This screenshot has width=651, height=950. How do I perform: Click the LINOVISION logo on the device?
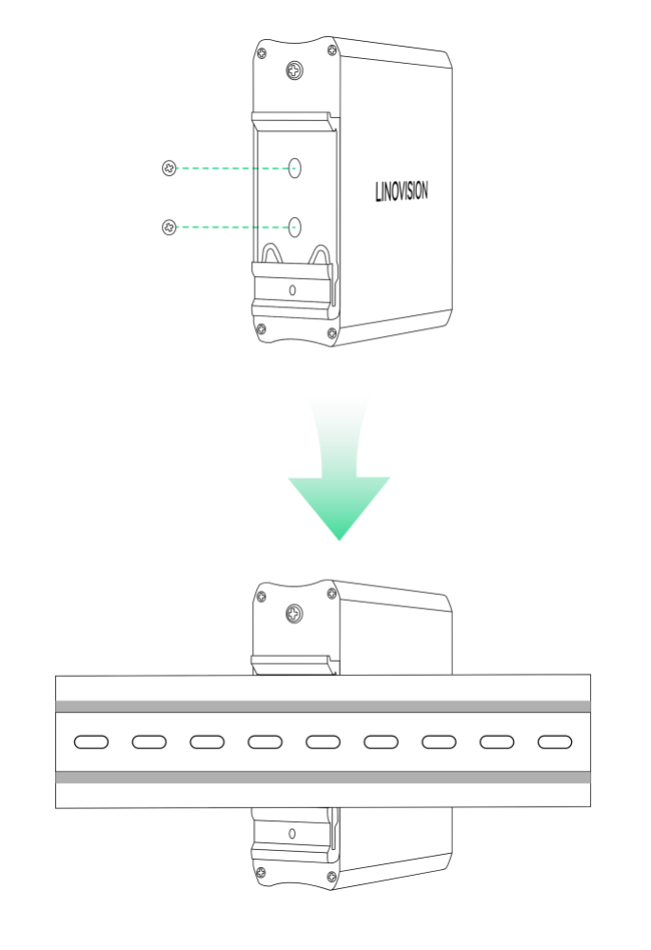(x=402, y=191)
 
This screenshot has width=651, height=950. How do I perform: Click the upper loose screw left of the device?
(x=169, y=168)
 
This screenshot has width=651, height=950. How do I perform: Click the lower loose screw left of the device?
(x=169, y=228)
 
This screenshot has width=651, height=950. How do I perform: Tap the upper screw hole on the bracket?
(x=295, y=168)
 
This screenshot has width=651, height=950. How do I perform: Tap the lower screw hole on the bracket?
(x=295, y=228)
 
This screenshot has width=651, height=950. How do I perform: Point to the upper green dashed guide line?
(x=232, y=168)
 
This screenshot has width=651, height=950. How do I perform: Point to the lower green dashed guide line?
(x=232, y=228)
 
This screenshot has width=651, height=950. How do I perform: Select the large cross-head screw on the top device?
(x=295, y=70)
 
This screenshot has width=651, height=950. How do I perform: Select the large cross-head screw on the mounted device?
(x=295, y=614)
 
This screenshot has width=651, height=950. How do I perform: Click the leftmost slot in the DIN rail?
(x=90, y=742)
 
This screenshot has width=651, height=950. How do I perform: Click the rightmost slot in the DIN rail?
(x=555, y=742)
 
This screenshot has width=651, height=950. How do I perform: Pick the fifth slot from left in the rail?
(x=323, y=742)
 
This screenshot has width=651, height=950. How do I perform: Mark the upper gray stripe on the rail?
(x=323, y=706)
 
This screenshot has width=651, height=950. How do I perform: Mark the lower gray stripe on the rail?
(x=323, y=778)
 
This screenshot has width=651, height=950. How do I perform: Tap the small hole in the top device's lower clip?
(x=292, y=290)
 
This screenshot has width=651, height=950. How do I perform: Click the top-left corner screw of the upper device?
(x=262, y=52)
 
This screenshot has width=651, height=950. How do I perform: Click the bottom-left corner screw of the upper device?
(x=261, y=329)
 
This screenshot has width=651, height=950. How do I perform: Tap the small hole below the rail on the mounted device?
(x=292, y=834)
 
